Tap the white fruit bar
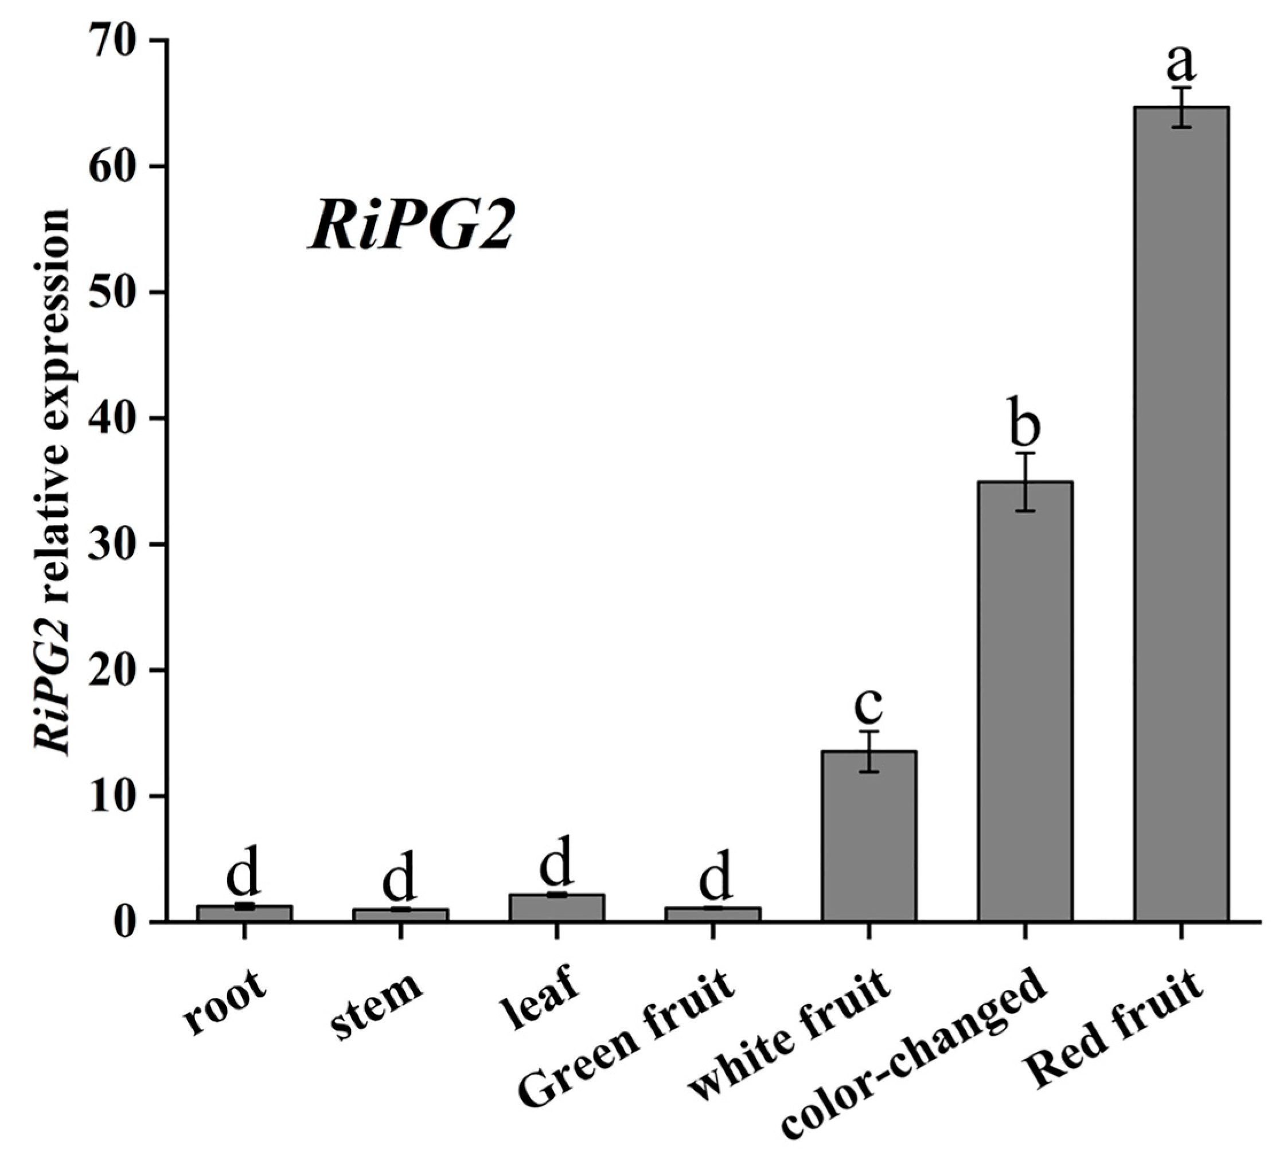[869, 836]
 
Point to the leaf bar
[556, 907]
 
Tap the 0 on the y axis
[128, 922]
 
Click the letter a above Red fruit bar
[1181, 64]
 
